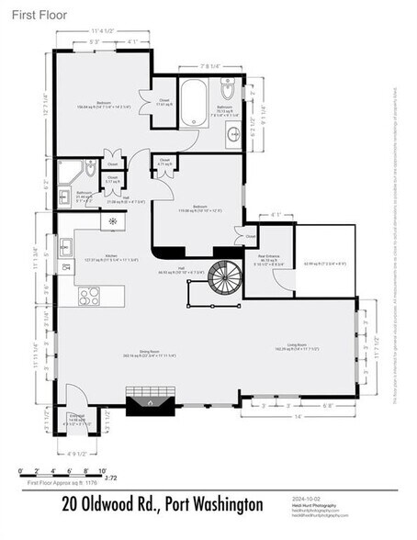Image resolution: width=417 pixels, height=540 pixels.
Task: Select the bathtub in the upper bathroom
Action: click(x=194, y=104)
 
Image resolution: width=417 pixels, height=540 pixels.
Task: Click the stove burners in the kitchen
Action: click(x=89, y=295)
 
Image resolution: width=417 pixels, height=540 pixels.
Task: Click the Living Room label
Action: click(x=296, y=345)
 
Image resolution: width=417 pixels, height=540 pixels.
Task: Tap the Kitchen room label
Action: click(x=111, y=256)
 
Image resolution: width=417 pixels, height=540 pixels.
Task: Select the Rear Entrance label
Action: click(x=267, y=257)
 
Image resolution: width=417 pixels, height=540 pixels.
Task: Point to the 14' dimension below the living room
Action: click(x=297, y=417)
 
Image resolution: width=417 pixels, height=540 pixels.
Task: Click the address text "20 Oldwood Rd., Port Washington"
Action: click(x=162, y=504)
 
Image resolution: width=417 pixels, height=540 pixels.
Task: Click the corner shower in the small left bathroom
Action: click(x=69, y=172)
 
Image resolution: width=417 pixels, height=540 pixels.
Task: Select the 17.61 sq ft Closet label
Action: click(x=163, y=102)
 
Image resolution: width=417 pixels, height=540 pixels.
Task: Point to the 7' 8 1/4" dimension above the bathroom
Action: click(x=210, y=66)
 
